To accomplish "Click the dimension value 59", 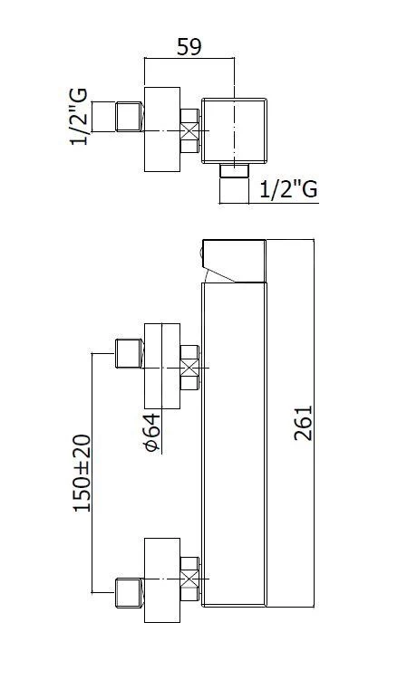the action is (189, 46).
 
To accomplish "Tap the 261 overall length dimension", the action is (303, 423).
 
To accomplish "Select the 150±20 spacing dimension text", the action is (82, 474).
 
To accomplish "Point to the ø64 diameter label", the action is (152, 433).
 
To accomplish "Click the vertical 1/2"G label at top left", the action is (79, 117).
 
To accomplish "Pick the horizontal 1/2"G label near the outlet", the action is (288, 189).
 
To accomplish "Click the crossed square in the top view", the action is (189, 131).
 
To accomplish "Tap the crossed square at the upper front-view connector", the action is (189, 368).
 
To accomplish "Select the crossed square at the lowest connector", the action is (189, 579).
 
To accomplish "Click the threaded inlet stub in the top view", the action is (130, 117).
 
